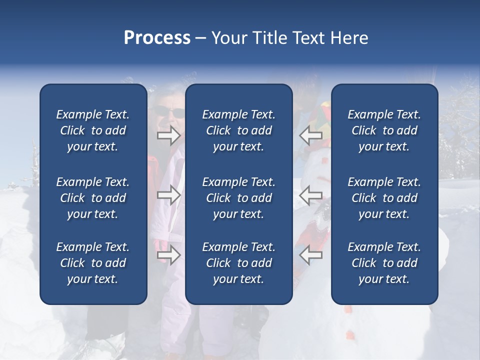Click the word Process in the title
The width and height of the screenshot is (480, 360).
pyautogui.click(x=157, y=38)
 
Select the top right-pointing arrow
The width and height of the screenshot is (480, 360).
pyautogui.click(x=168, y=135)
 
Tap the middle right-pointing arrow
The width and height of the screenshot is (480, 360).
pyautogui.click(x=168, y=195)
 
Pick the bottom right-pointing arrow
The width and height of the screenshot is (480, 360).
pyautogui.click(x=168, y=255)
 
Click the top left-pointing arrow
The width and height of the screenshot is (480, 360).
pyautogui.click(x=311, y=135)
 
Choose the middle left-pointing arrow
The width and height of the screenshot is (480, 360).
pyautogui.click(x=311, y=195)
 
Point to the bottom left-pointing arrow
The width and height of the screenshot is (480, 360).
pyautogui.click(x=311, y=255)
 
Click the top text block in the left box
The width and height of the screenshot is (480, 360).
pyautogui.click(x=93, y=130)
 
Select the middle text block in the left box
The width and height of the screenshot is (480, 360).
pyautogui.click(x=93, y=198)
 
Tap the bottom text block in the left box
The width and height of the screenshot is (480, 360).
pyautogui.click(x=93, y=263)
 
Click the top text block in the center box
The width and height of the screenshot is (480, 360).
pyautogui.click(x=238, y=130)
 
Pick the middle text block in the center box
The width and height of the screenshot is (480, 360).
pyautogui.click(x=238, y=198)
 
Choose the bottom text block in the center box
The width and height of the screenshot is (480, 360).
pyautogui.click(x=238, y=263)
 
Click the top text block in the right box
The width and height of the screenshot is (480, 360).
pyautogui.click(x=384, y=130)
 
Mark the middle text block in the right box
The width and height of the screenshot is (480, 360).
pyautogui.click(x=384, y=198)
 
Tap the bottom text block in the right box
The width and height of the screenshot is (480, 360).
pyautogui.click(x=384, y=263)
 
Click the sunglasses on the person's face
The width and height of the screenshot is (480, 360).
pyautogui.click(x=169, y=112)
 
